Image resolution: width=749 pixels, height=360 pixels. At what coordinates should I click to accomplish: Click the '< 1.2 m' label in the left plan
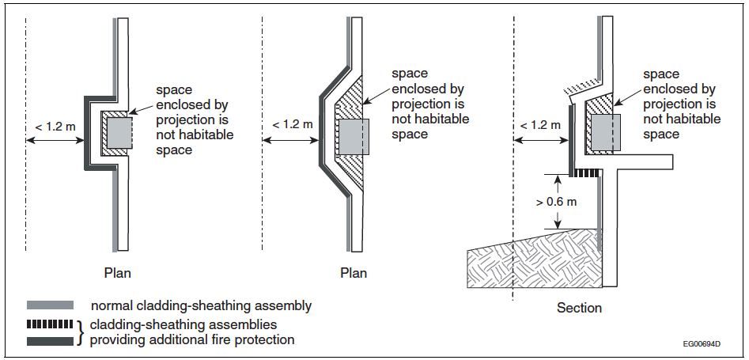tap(55, 127)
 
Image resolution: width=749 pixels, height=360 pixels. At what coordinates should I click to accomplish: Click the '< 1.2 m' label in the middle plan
tap(293, 124)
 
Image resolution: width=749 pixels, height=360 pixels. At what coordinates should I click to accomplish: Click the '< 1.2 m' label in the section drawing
tap(540, 125)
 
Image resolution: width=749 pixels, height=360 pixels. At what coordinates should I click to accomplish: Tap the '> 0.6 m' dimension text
tap(556, 201)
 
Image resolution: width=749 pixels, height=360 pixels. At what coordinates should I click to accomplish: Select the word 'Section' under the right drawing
tap(579, 308)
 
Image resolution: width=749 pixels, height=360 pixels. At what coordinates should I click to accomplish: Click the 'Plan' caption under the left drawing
tap(117, 273)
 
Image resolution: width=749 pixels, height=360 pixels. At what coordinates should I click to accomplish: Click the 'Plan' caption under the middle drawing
tap(354, 273)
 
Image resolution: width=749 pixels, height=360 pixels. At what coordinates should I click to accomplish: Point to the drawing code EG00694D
tap(702, 344)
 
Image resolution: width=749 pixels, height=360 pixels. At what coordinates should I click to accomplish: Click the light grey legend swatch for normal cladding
tap(50, 305)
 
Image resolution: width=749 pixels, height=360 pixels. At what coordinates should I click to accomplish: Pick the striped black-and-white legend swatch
tap(50, 324)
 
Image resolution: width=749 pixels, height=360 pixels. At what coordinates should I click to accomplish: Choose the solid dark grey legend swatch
tap(50, 341)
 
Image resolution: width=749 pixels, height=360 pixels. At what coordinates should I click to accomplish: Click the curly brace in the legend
tap(81, 332)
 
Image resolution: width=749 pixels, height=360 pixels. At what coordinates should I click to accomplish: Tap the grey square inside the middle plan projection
tap(354, 137)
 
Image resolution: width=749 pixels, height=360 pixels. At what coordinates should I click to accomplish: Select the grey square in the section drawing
tap(606, 131)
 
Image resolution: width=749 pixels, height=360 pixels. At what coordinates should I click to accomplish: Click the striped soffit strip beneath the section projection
tap(585, 172)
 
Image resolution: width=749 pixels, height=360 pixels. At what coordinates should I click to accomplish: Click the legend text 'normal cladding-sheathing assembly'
tap(201, 305)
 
